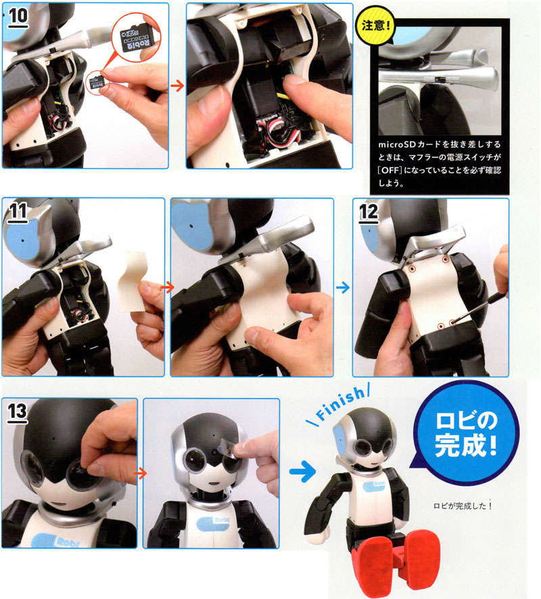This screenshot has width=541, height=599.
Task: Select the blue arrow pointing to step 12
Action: point(343,287)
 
